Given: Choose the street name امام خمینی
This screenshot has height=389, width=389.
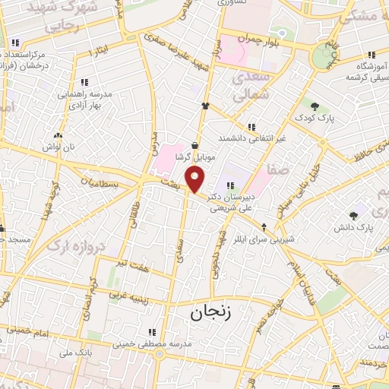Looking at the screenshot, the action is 30,333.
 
